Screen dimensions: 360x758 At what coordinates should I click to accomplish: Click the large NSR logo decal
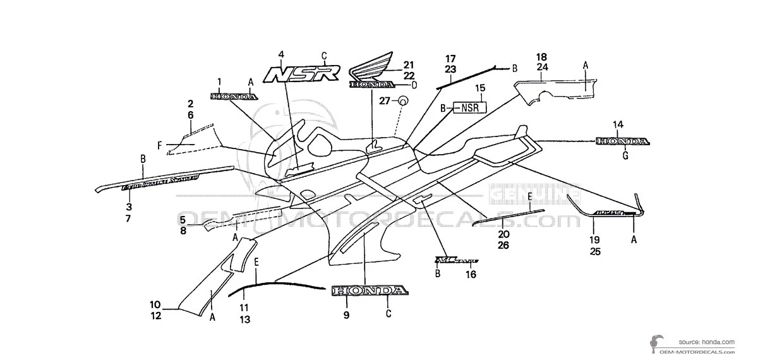pyautogui.click(x=301, y=74)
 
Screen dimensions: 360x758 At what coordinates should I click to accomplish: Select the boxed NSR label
pyautogui.click(x=469, y=107)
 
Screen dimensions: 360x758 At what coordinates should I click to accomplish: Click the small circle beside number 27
pyautogui.click(x=402, y=101)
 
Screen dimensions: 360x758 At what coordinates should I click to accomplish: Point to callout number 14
pyautogui.click(x=617, y=124)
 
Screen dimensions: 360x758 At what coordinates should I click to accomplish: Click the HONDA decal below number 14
pyautogui.click(x=622, y=141)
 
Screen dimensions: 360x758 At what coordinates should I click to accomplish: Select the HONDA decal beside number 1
pyautogui.click(x=234, y=96)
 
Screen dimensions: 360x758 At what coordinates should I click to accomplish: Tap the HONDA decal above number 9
pyautogui.click(x=368, y=291)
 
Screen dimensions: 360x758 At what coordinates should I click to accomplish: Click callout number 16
pyautogui.click(x=471, y=274)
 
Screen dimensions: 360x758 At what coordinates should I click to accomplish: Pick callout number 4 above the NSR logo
pyautogui.click(x=281, y=54)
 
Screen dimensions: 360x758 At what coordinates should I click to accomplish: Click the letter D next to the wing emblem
pyautogui.click(x=414, y=85)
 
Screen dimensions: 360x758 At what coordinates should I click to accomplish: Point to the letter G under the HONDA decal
pyautogui.click(x=625, y=155)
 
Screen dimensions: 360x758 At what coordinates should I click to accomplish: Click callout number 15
pyautogui.click(x=479, y=88)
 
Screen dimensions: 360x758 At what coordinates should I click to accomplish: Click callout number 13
pyautogui.click(x=244, y=320)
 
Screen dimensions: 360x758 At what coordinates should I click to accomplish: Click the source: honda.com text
pyautogui.click(x=707, y=342)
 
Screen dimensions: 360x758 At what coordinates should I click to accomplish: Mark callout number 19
pyautogui.click(x=595, y=240)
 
